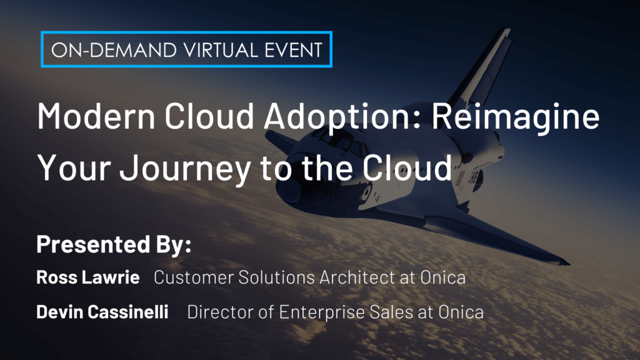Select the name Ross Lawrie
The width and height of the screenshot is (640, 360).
[x=88, y=277]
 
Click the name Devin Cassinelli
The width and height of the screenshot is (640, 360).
[x=102, y=312]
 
